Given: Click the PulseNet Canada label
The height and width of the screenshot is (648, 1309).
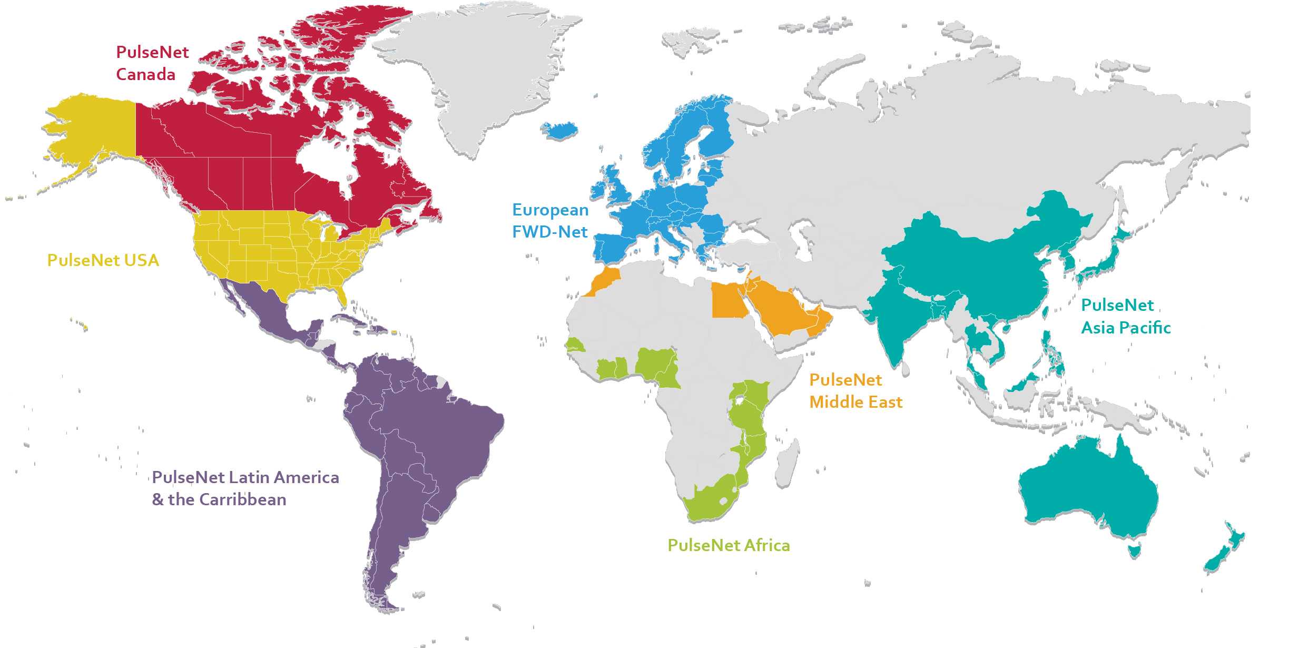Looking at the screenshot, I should [x=152, y=63].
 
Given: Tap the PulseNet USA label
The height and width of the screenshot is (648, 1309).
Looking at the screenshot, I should [x=103, y=260].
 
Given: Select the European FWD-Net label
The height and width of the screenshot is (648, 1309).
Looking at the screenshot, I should [x=550, y=221].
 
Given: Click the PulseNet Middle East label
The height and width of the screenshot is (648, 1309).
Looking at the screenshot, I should [x=855, y=391].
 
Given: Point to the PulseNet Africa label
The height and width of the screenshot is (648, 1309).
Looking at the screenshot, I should [x=729, y=545].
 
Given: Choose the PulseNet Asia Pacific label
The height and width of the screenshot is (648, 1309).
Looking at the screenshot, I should [x=1126, y=317].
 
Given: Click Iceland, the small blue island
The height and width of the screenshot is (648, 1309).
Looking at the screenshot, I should [x=559, y=130].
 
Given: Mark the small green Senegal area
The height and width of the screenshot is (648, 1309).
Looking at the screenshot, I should [x=574, y=345].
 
